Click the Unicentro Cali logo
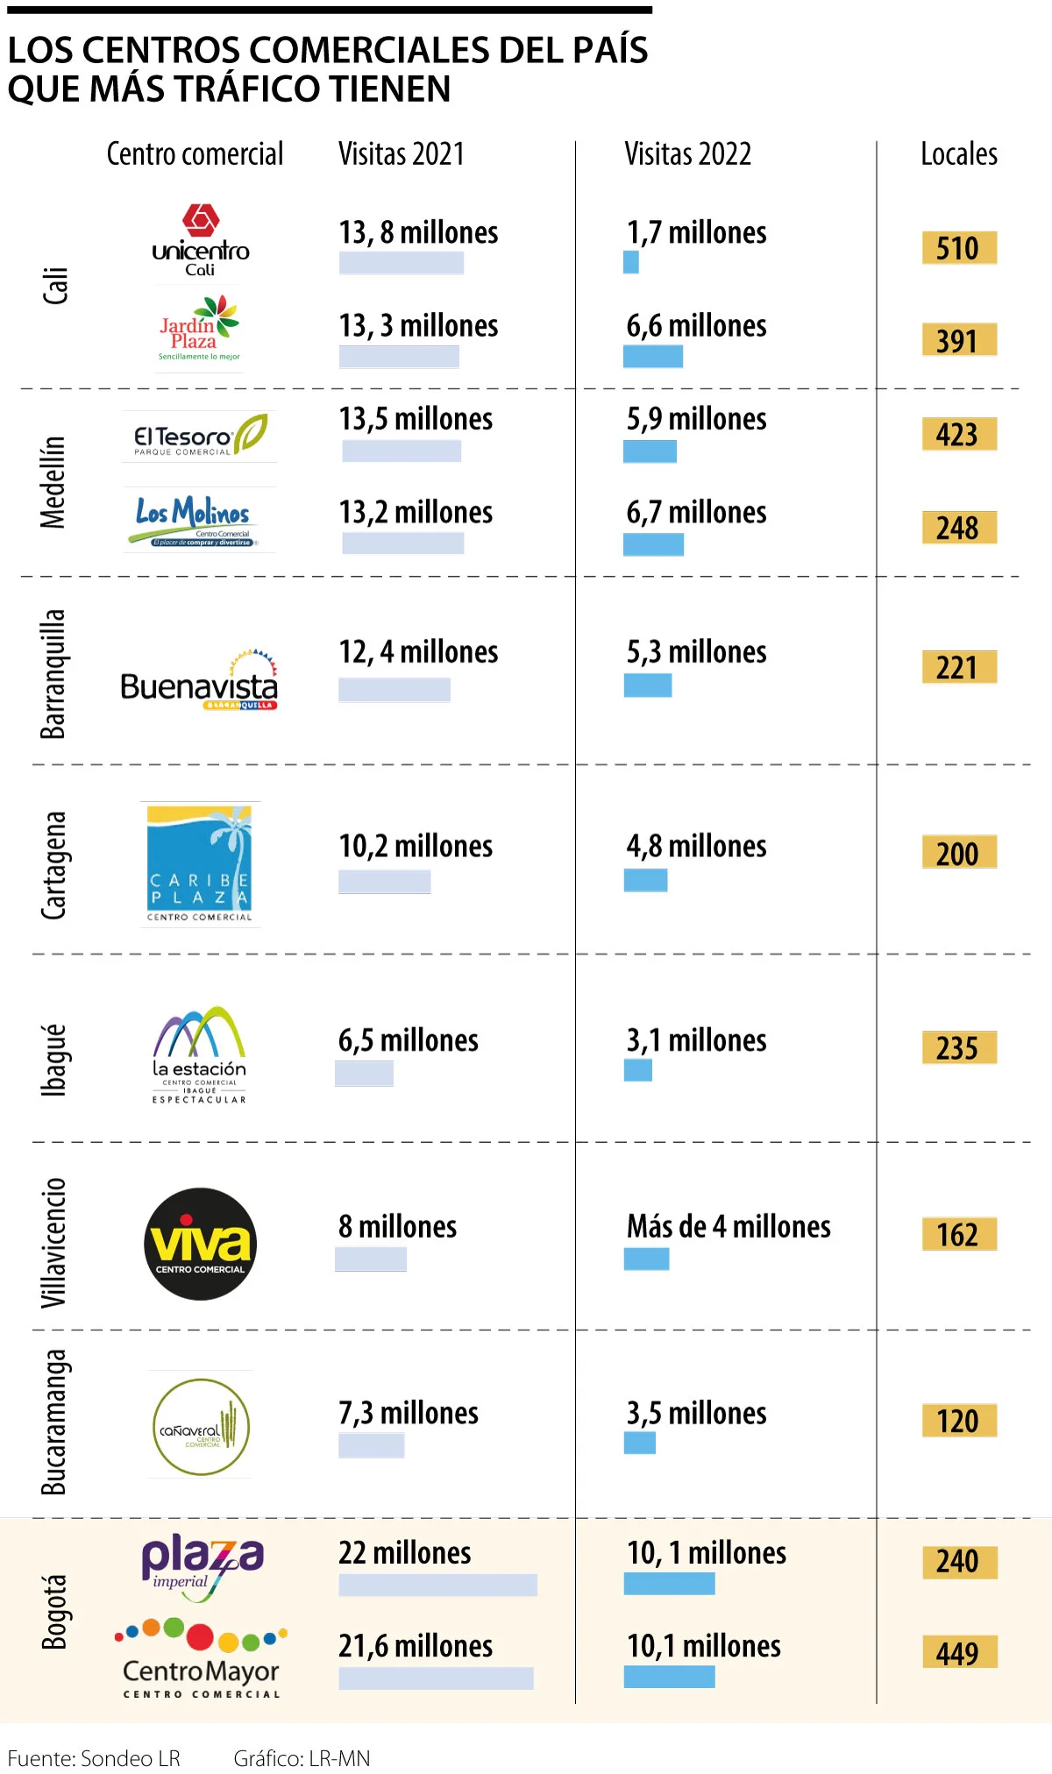[x=201, y=240]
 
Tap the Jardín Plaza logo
[x=199, y=329]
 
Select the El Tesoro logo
[x=200, y=436]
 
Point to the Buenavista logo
[x=199, y=682]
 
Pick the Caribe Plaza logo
[x=200, y=864]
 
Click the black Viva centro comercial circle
[x=200, y=1244]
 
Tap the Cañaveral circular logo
[x=201, y=1427]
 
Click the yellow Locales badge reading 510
[x=959, y=248]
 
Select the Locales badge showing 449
[x=959, y=1653]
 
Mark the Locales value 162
[x=959, y=1234]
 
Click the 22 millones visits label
[x=404, y=1553]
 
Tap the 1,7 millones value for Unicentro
[x=696, y=233]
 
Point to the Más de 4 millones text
[x=729, y=1226]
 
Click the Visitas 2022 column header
[x=687, y=154]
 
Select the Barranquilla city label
[x=53, y=674]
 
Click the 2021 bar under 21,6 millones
[x=436, y=1678]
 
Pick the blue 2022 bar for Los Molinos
[x=653, y=544]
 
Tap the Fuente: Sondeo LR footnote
[x=94, y=1758]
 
